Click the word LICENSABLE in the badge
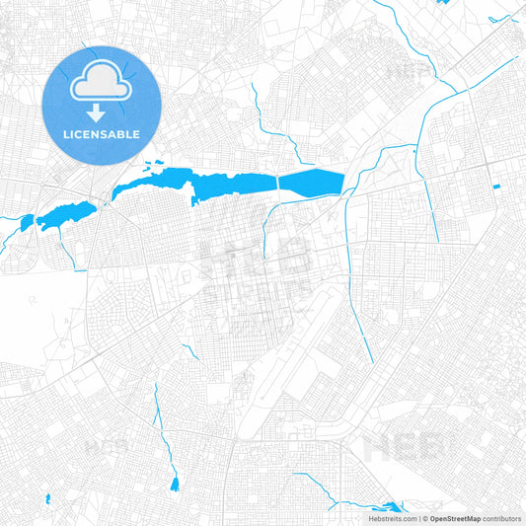(101, 133)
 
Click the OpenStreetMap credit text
(454, 517)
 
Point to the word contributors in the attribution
(502, 517)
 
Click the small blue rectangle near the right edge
(495, 187)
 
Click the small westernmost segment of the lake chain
(26, 223)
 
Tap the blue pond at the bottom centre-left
(175, 484)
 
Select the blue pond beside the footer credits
(391, 505)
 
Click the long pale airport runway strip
(286, 355)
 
